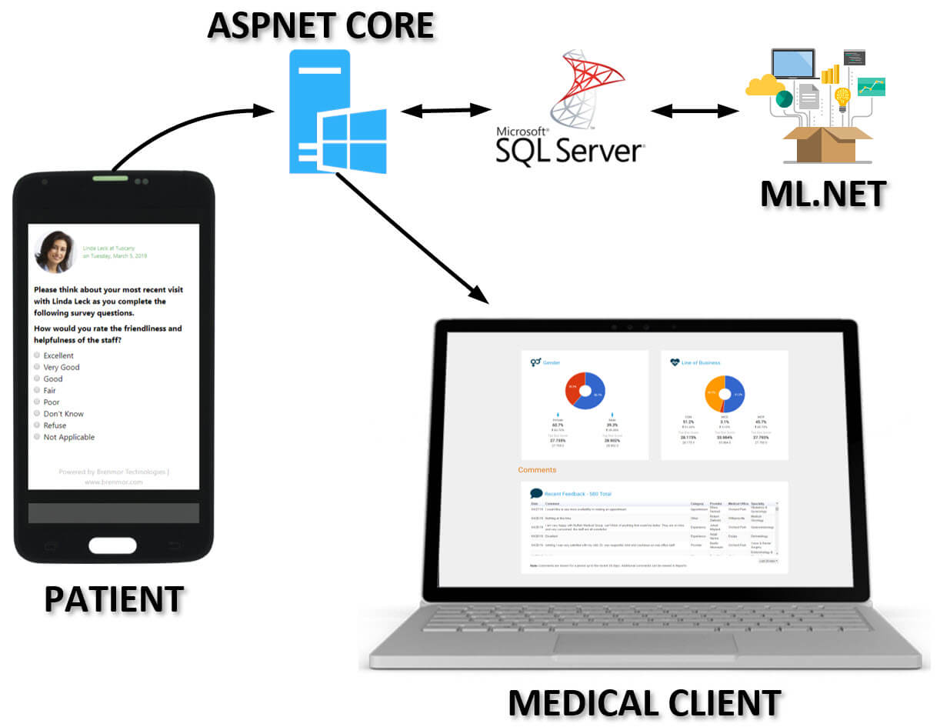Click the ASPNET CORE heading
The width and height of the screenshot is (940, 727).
pos(320,25)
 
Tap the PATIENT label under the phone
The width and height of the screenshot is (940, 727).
pos(114,599)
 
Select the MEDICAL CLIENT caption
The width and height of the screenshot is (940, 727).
pos(645,702)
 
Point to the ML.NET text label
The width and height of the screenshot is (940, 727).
pos(823,193)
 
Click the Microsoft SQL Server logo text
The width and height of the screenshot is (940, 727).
pos(568,145)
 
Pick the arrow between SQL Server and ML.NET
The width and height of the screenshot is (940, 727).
pos(695,111)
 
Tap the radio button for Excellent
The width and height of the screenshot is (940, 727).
pos(37,355)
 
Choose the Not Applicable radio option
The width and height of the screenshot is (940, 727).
pos(37,437)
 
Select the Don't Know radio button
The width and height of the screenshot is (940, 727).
pos(37,414)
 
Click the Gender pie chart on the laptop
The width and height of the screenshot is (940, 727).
pos(585,391)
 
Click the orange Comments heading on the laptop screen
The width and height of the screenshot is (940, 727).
pos(536,469)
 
